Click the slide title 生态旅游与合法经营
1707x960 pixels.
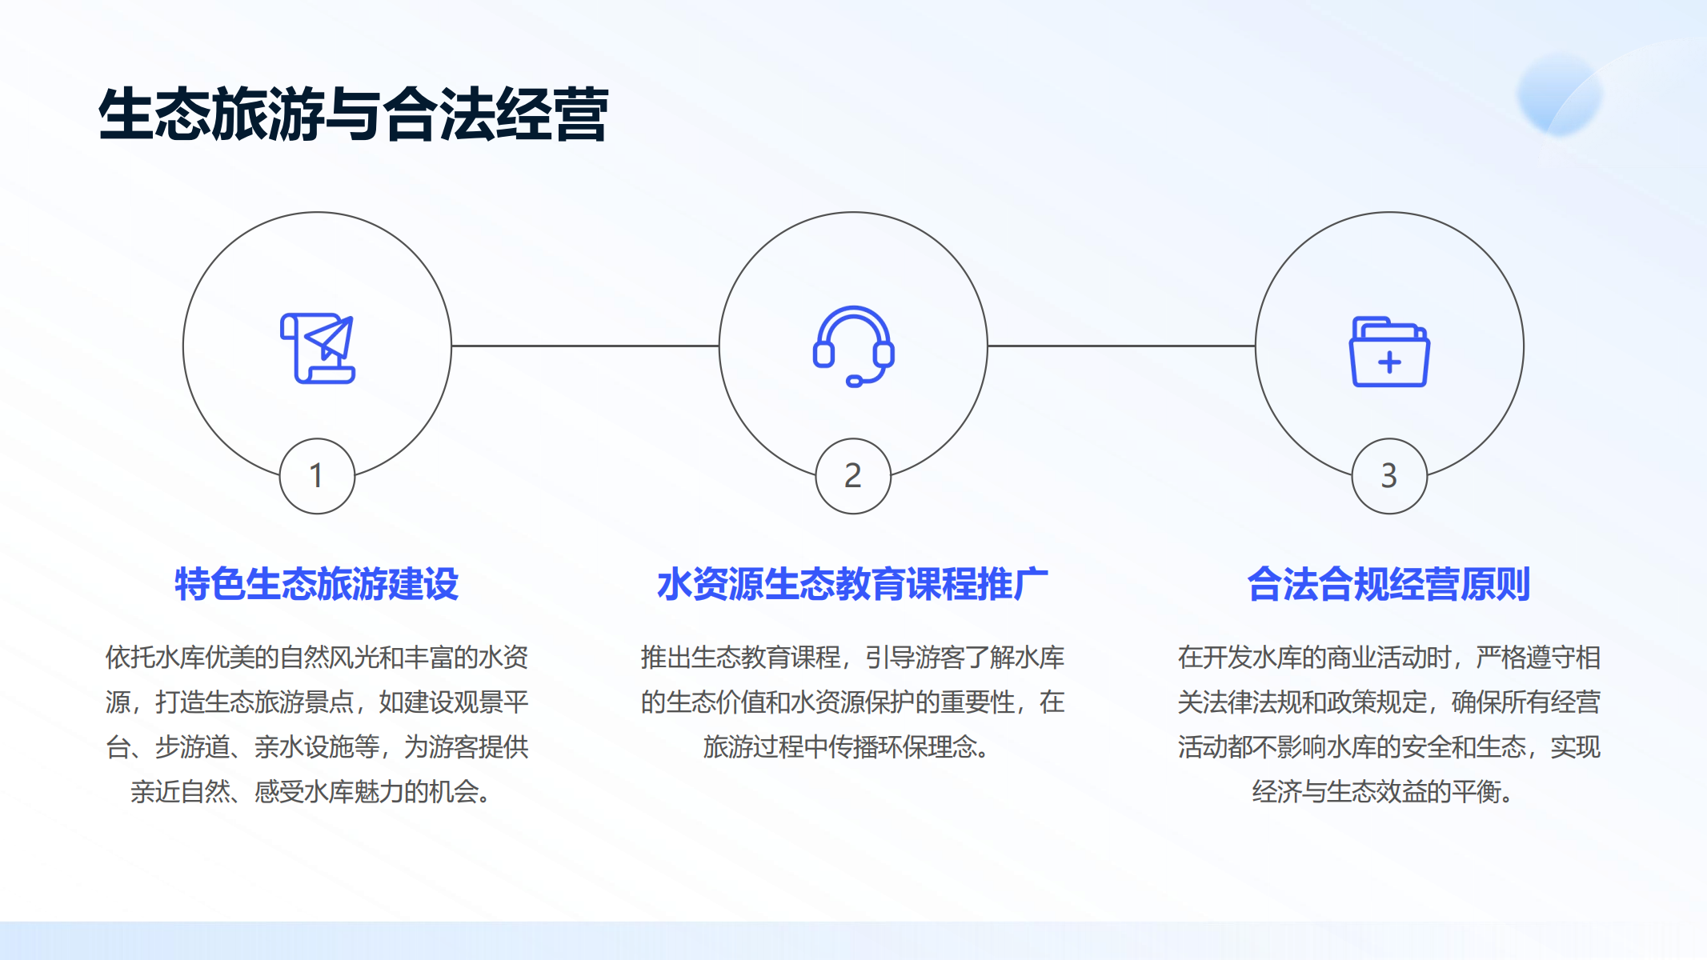(353, 114)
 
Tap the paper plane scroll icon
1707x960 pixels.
(318, 348)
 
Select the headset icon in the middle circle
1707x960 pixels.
(853, 346)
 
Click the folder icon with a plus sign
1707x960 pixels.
(1389, 352)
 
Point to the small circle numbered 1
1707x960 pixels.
(317, 476)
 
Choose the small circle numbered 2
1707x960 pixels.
(853, 476)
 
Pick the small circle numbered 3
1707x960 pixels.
(1389, 476)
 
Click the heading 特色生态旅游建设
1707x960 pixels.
(317, 584)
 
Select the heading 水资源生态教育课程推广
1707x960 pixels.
(853, 584)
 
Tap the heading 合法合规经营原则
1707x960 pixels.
(1389, 584)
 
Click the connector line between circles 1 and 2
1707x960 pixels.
(585, 346)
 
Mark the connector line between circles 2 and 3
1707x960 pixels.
(1121, 346)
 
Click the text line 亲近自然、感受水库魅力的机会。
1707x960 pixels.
(311, 792)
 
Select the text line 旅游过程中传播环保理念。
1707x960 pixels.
(847, 747)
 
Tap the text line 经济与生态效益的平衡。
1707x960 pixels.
(1383, 792)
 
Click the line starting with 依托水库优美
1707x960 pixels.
(317, 658)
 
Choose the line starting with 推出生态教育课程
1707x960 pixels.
(853, 658)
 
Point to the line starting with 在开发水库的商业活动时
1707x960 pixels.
(1389, 658)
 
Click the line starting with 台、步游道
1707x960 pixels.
(317, 747)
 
